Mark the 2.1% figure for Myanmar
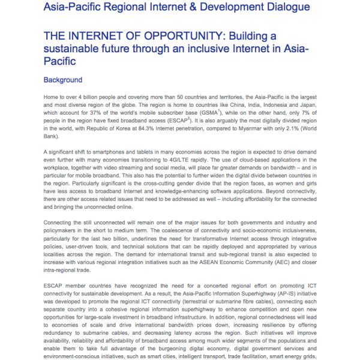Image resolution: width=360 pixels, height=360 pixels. (296, 136)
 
